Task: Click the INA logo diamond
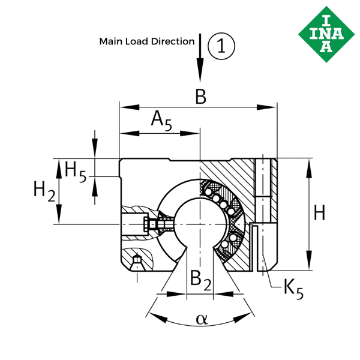[x=326, y=34]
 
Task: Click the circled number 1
[x=221, y=46]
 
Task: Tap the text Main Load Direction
[x=147, y=41]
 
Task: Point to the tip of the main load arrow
[x=200, y=82]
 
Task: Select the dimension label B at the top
[x=200, y=97]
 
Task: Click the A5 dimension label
[x=161, y=121]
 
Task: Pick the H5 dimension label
[x=76, y=171]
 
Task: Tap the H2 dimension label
[x=44, y=191]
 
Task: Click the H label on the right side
[x=319, y=213]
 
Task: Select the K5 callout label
[x=293, y=289]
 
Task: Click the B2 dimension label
[x=200, y=280]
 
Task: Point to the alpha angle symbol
[x=202, y=319]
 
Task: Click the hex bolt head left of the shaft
[x=146, y=224]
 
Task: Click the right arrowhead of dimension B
[x=266, y=107]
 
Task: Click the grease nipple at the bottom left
[x=137, y=260]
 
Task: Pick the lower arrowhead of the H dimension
[x=309, y=260]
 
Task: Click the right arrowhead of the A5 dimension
[x=190, y=133]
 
